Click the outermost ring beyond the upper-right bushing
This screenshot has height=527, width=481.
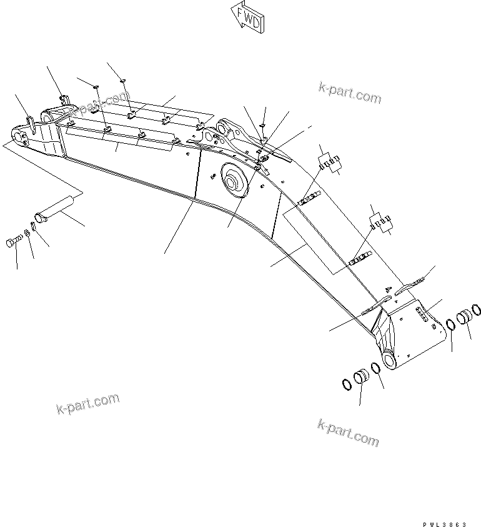[477, 309]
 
